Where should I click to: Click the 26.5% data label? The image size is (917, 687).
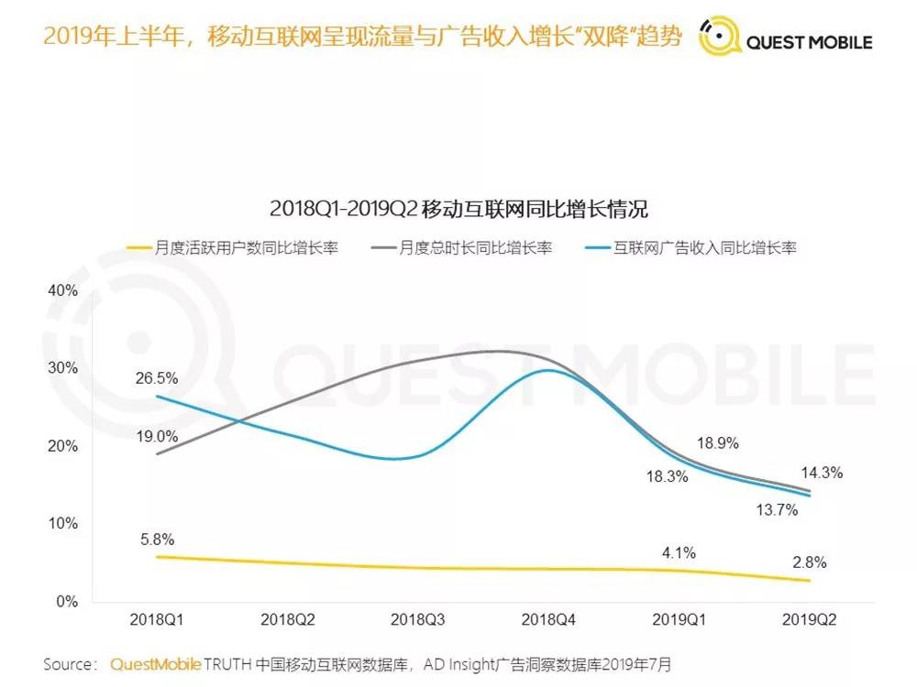tap(156, 377)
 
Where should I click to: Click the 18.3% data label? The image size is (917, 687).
tap(666, 475)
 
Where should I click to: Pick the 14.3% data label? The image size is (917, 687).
tap(822, 473)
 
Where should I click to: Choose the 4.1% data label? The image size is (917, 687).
tap(679, 552)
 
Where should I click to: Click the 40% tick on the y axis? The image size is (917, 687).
tap(62, 290)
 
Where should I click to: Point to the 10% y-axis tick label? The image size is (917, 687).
tap(62, 523)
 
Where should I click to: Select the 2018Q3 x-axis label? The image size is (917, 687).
tap(417, 620)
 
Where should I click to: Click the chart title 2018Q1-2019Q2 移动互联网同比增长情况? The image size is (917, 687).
tap(458, 208)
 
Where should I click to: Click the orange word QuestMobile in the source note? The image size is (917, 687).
tap(155, 664)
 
